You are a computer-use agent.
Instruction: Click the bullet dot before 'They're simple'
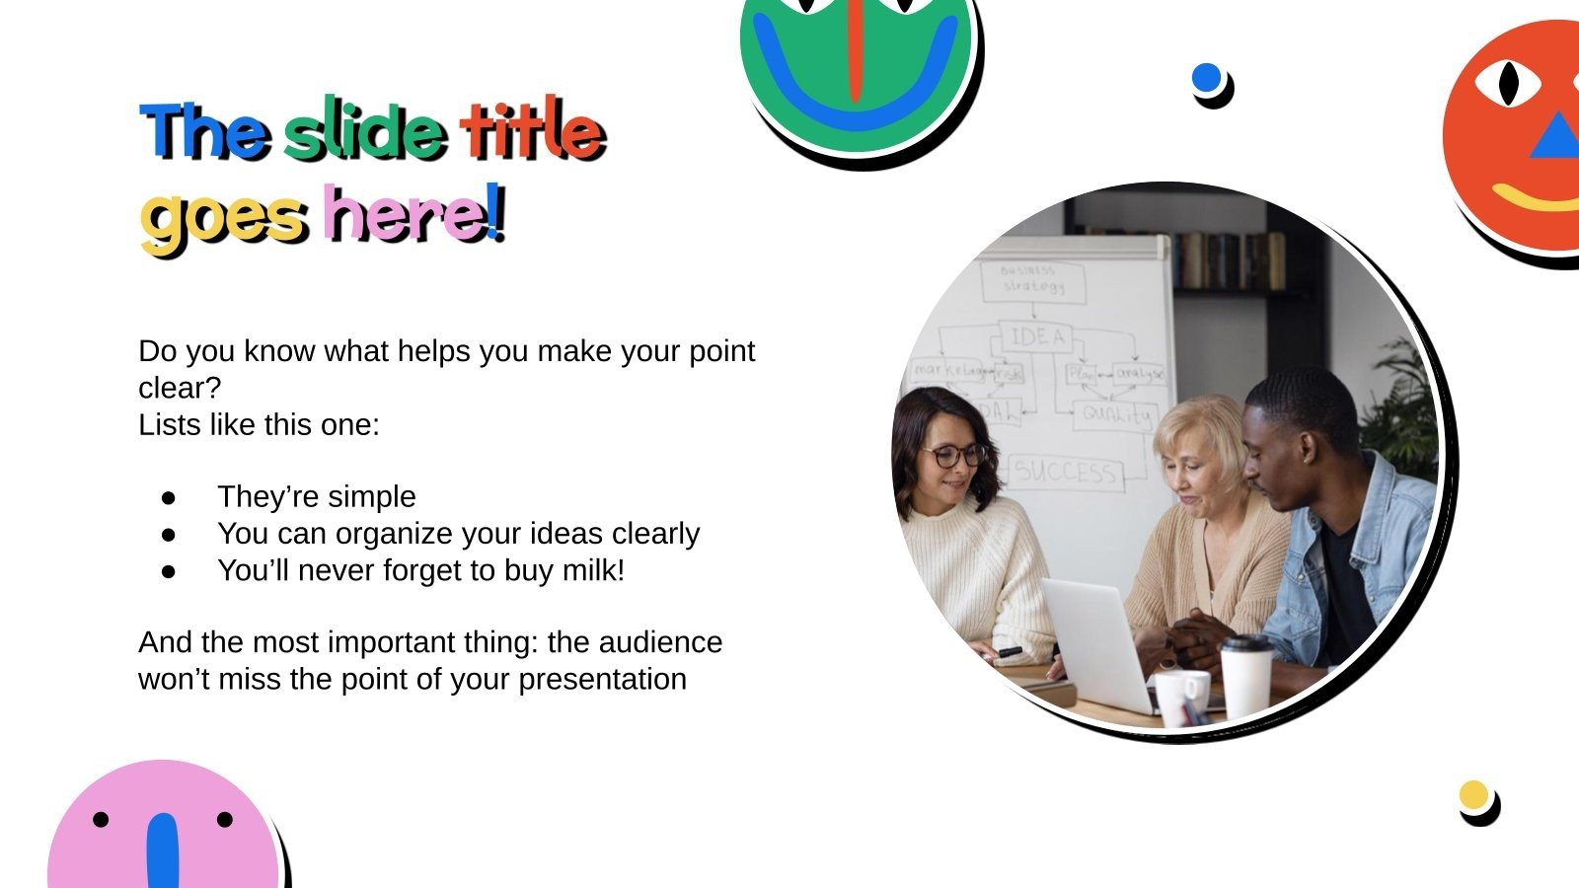pyautogui.click(x=168, y=497)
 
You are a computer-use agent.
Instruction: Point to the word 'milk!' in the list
pyautogui.click(x=593, y=570)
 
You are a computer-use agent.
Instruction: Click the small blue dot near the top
pyautogui.click(x=1206, y=78)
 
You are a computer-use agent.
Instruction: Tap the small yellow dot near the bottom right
pyautogui.click(x=1473, y=795)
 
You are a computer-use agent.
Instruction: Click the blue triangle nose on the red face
pyautogui.click(x=1555, y=138)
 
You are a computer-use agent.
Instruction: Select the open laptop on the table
pyautogui.click(x=1095, y=641)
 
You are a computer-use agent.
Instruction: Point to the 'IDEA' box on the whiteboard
pyautogui.click(x=1036, y=337)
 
